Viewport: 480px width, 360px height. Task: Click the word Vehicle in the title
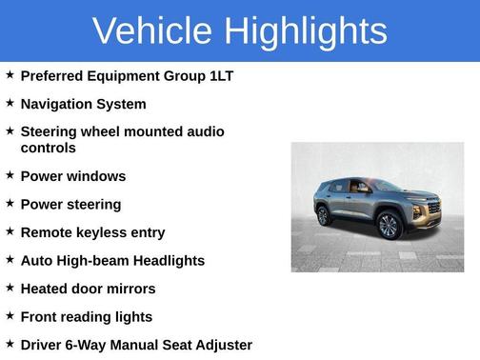point(153,30)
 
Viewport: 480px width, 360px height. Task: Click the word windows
point(94,176)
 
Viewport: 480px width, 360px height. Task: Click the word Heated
point(45,289)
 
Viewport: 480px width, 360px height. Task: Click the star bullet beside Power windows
point(10,175)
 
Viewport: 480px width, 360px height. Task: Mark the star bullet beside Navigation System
point(10,103)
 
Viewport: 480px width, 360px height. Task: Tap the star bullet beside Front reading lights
point(10,315)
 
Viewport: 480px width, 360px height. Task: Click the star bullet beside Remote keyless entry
point(10,231)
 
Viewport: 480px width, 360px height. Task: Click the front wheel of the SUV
point(389,226)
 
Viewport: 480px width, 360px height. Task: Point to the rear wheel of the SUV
point(324,216)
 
